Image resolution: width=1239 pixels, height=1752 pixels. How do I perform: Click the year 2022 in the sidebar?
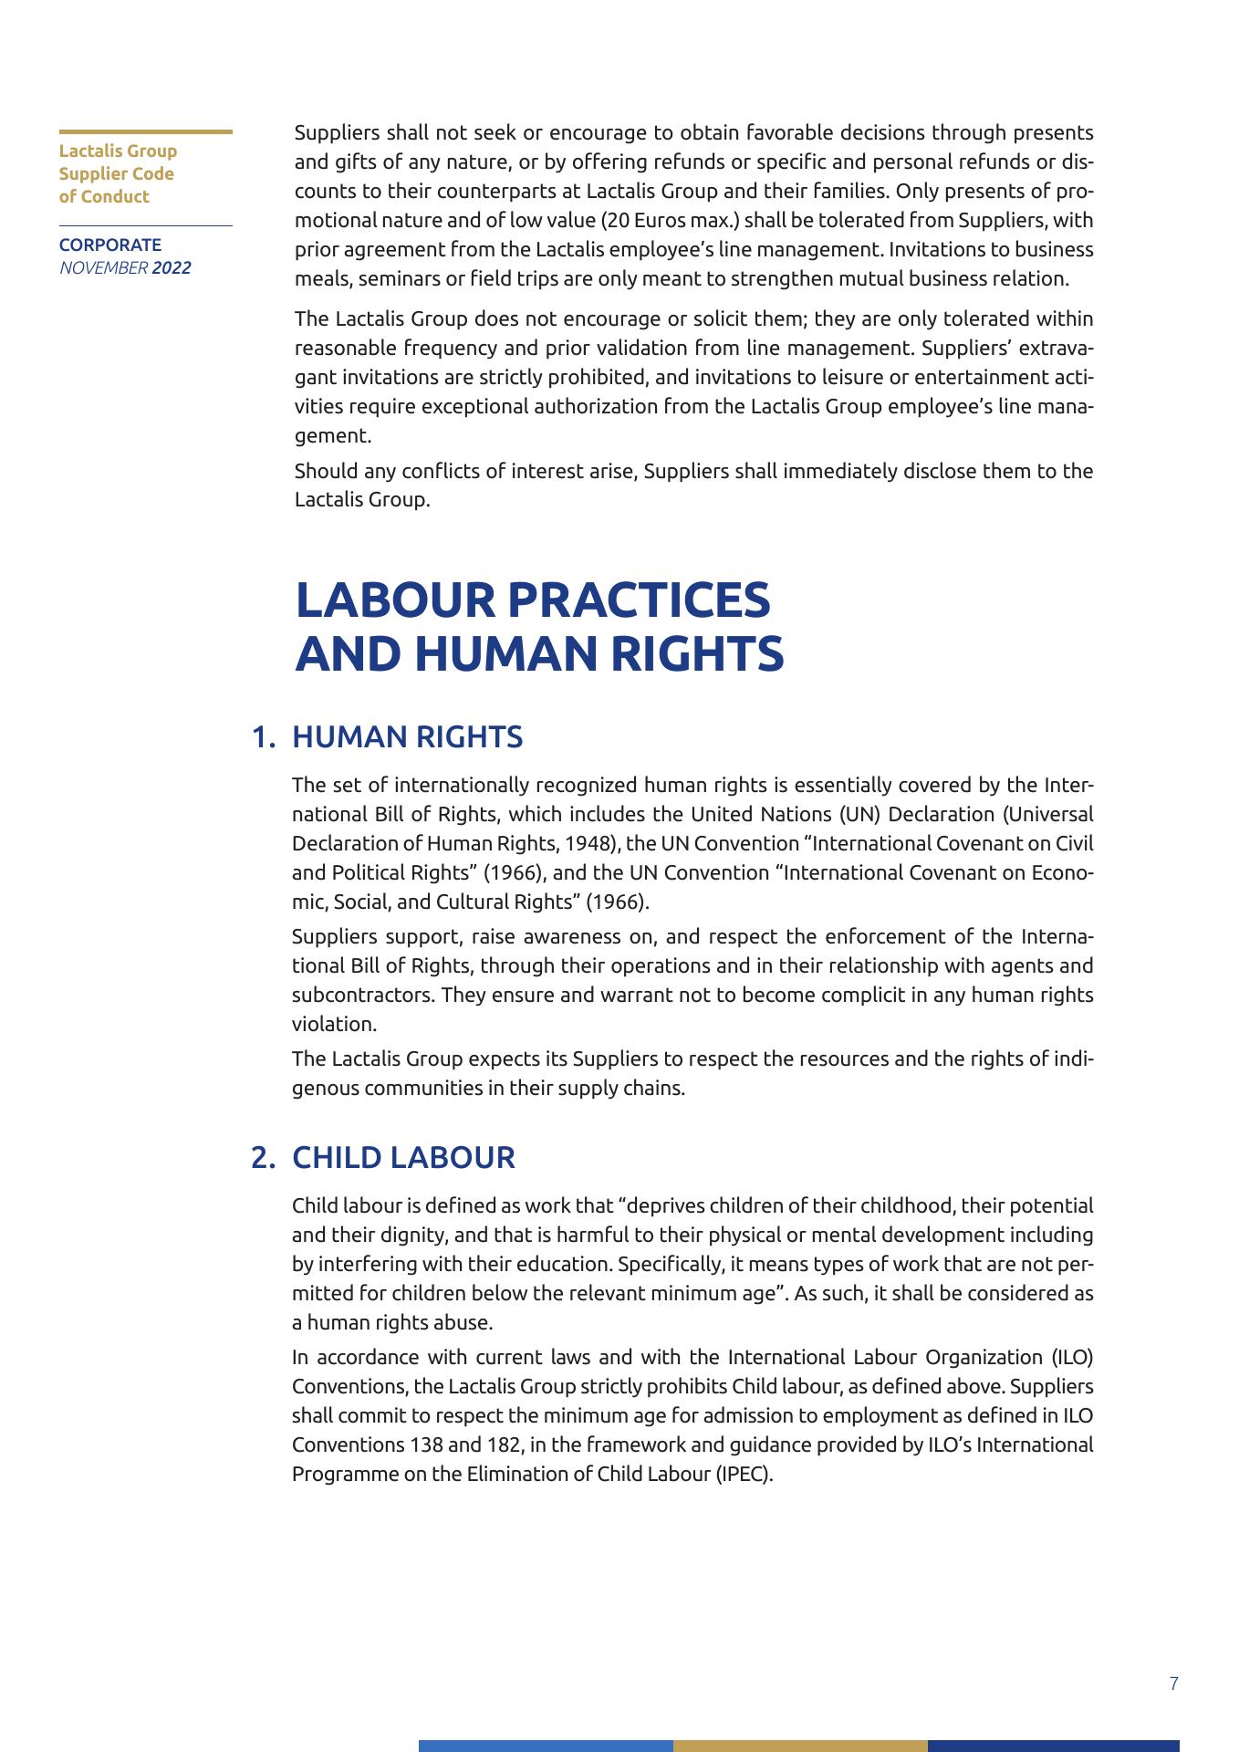pos(172,268)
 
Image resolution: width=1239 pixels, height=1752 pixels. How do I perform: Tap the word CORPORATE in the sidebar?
pos(110,245)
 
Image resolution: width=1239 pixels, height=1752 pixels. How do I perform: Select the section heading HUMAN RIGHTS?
pos(407,737)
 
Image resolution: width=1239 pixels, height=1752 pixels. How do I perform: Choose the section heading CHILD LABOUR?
pos(403,1158)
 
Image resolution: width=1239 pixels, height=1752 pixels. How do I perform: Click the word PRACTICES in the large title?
pos(638,600)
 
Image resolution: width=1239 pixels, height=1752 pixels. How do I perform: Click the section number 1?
pos(263,737)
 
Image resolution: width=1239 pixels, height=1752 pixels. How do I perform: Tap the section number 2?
pos(263,1158)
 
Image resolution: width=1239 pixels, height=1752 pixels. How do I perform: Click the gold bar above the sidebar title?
pos(146,132)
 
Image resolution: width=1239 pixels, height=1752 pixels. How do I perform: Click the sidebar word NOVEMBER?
pos(103,268)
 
